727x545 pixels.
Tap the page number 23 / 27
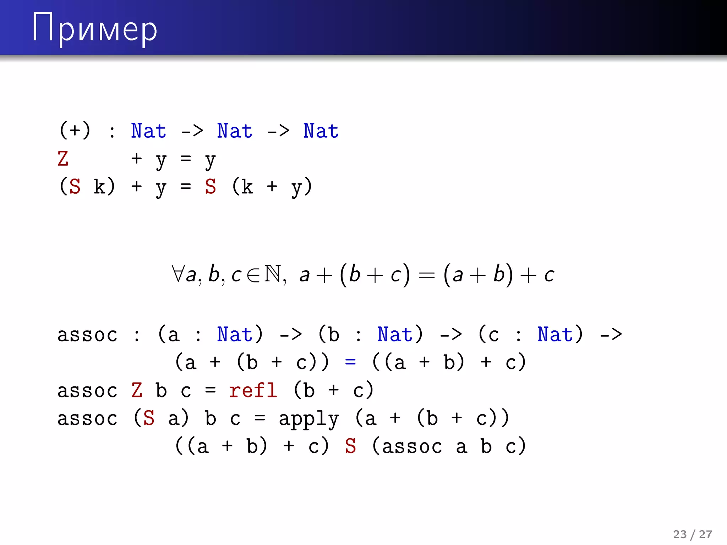[692, 534]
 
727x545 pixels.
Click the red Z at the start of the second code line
[63, 159]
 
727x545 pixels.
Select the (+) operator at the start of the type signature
[75, 130]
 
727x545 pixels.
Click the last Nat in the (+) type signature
[321, 131]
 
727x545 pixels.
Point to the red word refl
[253, 390]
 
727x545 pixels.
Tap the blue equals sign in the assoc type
[350, 362]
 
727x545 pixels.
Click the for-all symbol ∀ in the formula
[177, 274]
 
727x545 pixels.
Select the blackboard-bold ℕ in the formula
[272, 274]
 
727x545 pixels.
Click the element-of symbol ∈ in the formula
[253, 275]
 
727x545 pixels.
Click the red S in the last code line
[350, 446]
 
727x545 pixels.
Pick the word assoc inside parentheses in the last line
[412, 446]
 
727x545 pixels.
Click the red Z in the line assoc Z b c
[137, 390]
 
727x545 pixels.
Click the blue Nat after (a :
[235, 334]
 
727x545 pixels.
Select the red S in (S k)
[75, 186]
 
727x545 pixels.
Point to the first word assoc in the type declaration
[87, 335]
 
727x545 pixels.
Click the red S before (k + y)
[210, 186]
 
